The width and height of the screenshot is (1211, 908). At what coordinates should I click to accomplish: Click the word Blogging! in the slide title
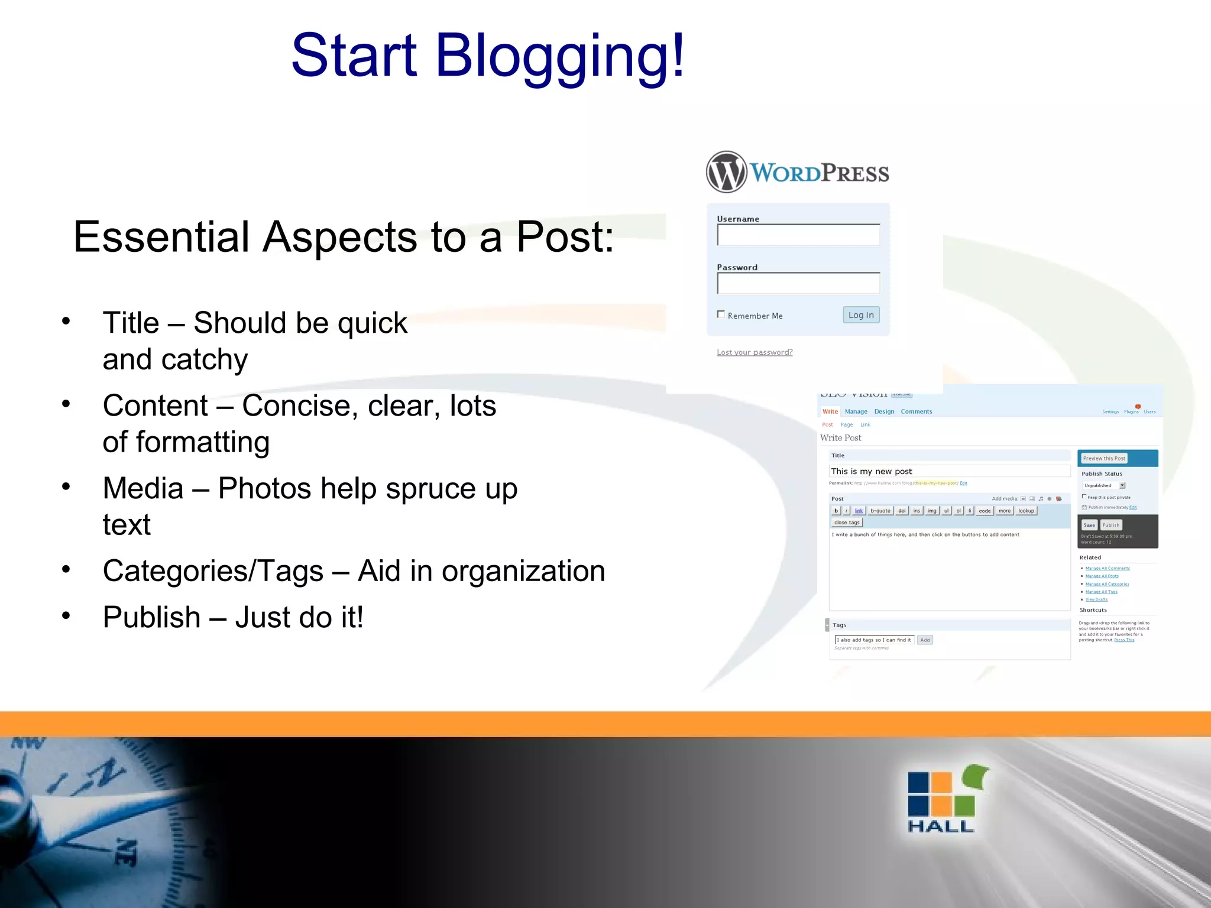(x=559, y=56)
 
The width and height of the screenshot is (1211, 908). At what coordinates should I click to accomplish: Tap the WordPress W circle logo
(x=726, y=172)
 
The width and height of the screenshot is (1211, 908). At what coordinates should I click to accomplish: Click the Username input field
(x=798, y=235)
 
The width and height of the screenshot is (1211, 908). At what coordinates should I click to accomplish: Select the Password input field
(x=798, y=284)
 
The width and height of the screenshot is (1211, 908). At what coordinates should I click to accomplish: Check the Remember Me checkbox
(x=721, y=314)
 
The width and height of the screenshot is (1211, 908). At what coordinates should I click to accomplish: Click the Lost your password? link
(x=755, y=352)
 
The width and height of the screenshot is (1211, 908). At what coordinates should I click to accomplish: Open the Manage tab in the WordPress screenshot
(x=856, y=411)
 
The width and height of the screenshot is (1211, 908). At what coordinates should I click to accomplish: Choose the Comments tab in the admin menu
(x=916, y=411)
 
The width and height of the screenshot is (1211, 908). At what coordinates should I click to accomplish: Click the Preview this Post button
(x=1103, y=458)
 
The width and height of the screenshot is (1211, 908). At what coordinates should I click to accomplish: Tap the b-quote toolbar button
(x=880, y=511)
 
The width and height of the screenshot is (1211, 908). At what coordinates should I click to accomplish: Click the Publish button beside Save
(x=1110, y=525)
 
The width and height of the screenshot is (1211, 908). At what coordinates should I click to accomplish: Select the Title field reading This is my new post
(x=949, y=471)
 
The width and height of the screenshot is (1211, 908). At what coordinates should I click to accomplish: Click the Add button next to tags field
(x=925, y=640)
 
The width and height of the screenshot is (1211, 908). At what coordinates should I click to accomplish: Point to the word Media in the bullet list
(x=143, y=489)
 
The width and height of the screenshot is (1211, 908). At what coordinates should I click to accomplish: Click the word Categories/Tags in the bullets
(x=213, y=572)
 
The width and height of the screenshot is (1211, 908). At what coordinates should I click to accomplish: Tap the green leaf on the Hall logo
(x=975, y=776)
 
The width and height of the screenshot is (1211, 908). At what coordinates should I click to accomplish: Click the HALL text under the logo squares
(x=940, y=826)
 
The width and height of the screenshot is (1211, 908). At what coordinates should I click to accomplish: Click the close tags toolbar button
(x=846, y=523)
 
